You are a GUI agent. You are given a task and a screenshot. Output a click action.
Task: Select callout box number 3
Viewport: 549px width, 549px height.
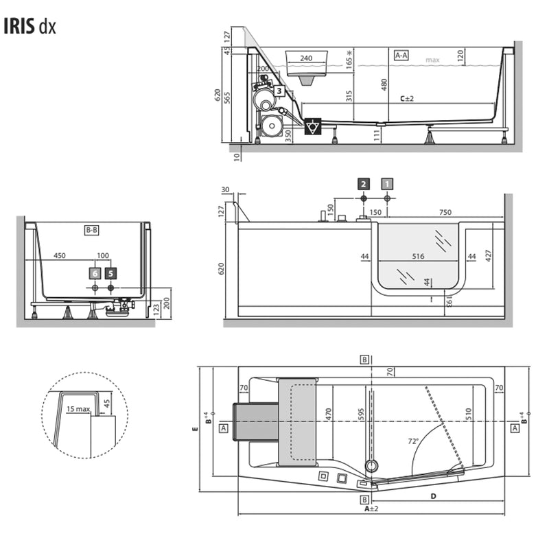tap(279, 90)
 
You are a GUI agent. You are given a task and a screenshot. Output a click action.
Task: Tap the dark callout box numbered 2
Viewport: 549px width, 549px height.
tap(364, 183)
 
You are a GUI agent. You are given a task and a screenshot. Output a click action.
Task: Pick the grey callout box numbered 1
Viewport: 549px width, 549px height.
tap(387, 183)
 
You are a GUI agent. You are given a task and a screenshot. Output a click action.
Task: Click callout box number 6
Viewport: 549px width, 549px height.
tap(95, 273)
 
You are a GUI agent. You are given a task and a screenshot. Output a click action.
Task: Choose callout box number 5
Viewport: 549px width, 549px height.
tap(110, 273)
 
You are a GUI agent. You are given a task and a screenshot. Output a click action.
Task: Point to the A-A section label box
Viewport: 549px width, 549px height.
tap(401, 54)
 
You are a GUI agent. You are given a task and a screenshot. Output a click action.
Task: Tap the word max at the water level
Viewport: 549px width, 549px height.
tap(432, 60)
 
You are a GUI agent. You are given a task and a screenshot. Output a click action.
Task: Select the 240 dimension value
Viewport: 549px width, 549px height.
tap(306, 58)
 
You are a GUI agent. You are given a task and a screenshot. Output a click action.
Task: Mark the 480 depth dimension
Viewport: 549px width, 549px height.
tap(384, 84)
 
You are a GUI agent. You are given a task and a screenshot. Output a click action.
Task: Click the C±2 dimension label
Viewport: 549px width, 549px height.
tap(407, 98)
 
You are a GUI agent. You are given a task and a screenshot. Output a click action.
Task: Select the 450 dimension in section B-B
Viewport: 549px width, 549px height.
tap(60, 256)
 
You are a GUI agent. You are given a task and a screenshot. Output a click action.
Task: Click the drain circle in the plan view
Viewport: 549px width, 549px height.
tap(371, 466)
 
